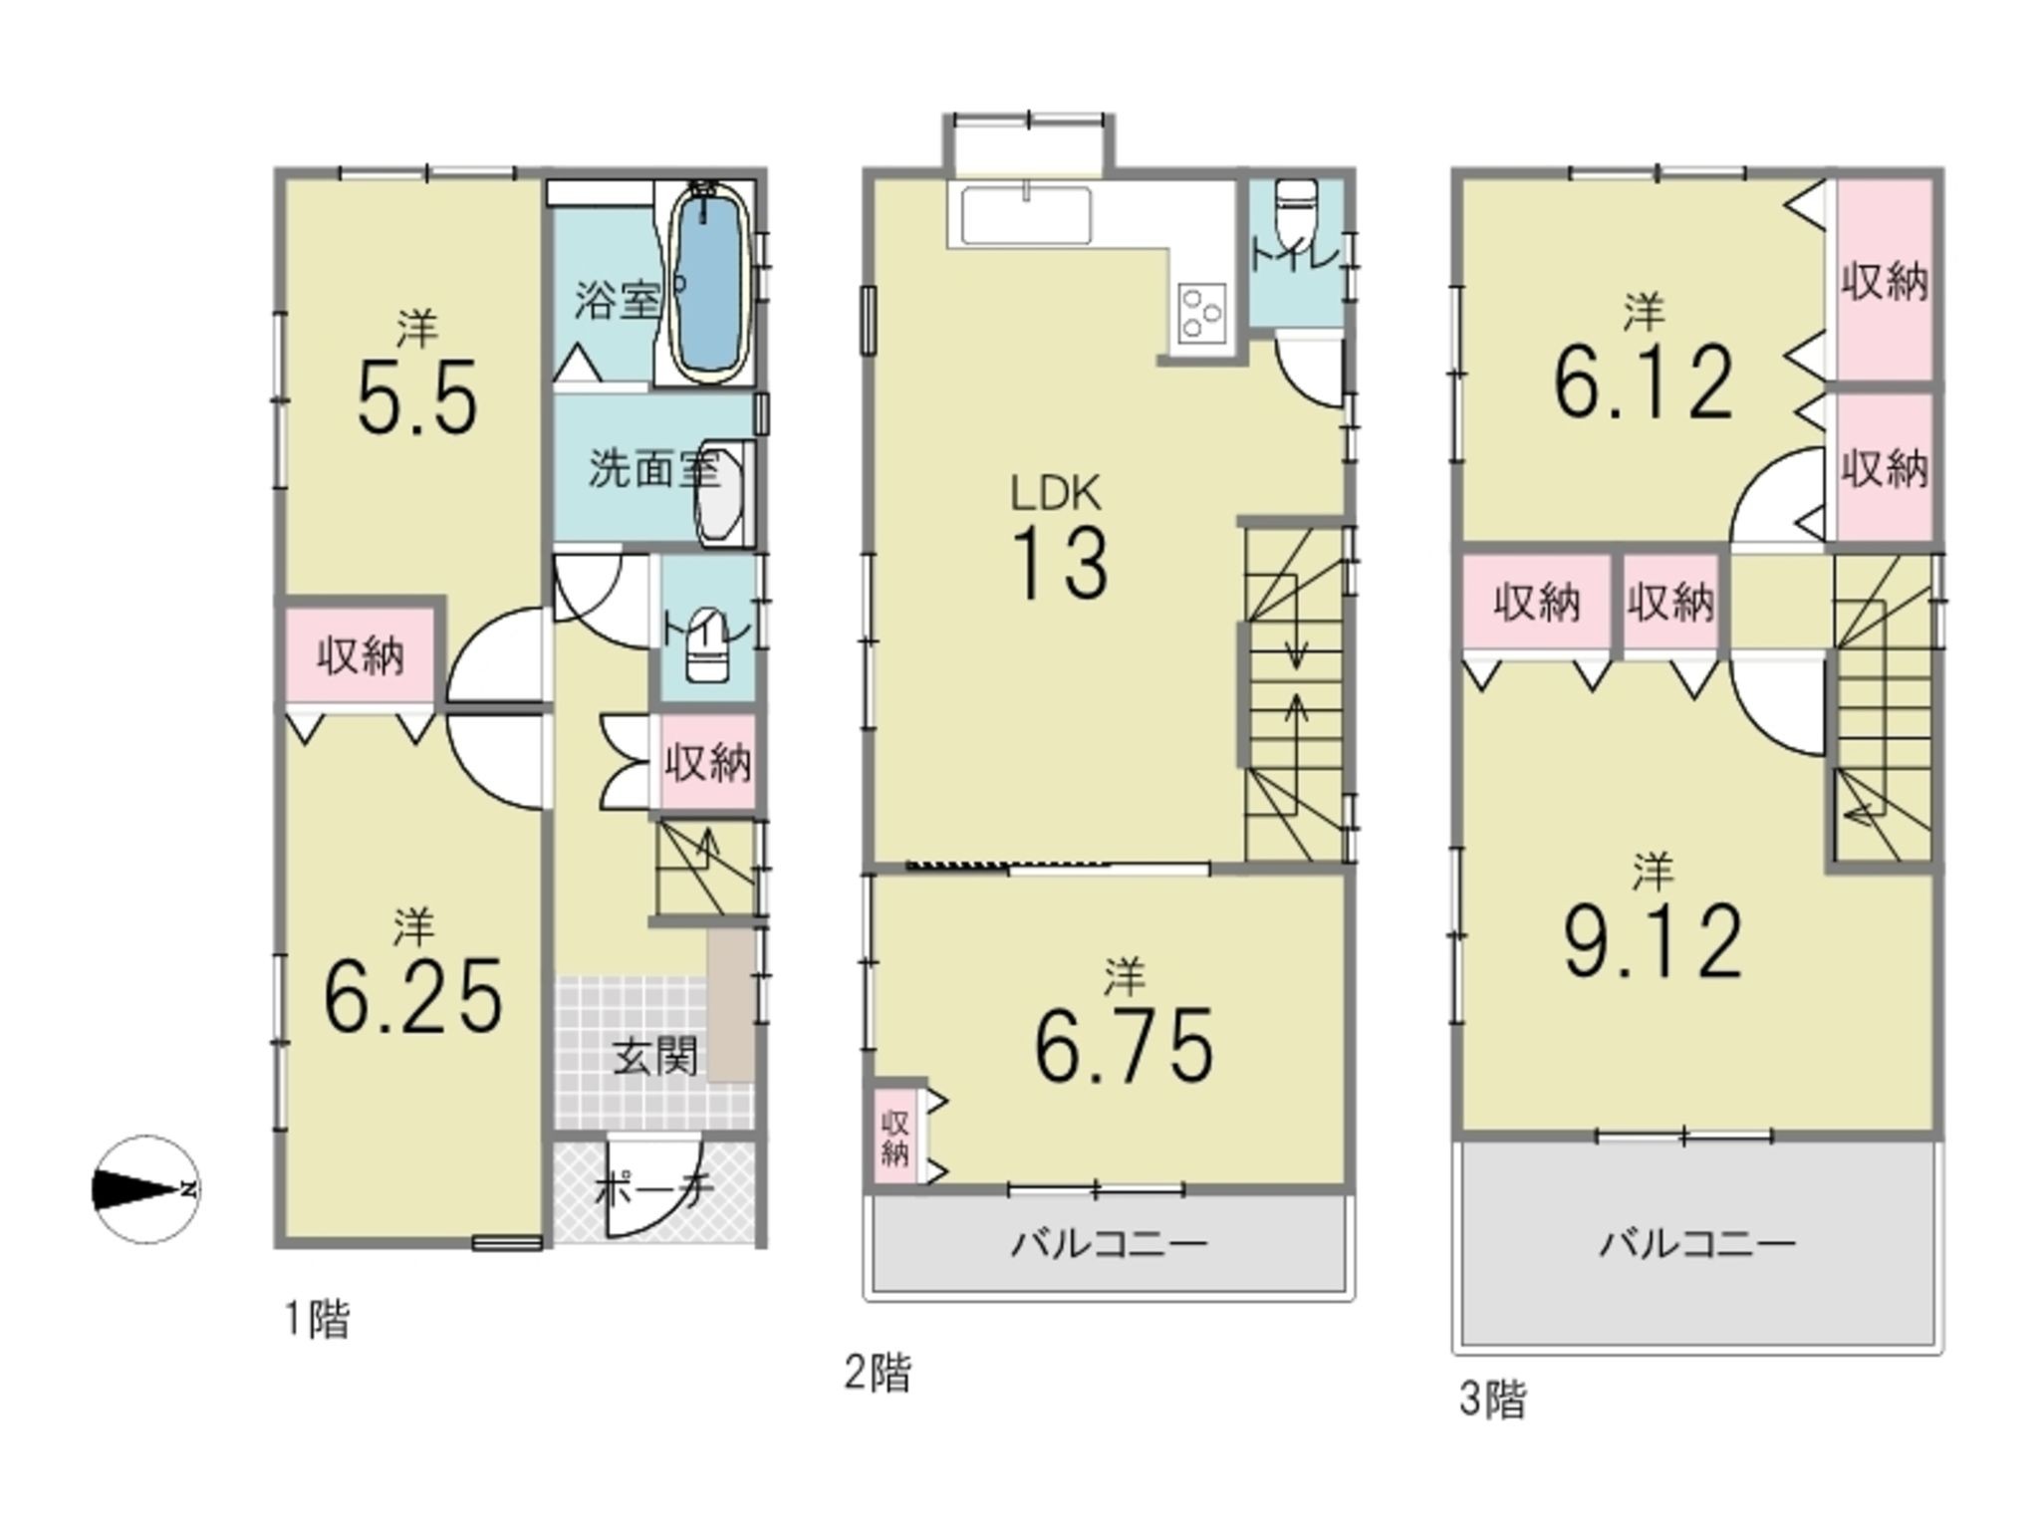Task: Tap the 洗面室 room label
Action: tap(653, 468)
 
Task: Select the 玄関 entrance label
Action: tap(654, 1056)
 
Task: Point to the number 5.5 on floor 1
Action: tap(417, 398)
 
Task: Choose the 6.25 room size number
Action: tap(413, 997)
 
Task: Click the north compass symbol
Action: tap(147, 1189)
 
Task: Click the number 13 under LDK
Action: tap(1060, 564)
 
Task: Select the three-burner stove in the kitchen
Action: tap(1201, 312)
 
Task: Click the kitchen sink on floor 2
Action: tap(1025, 215)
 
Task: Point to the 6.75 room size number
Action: tap(1124, 1046)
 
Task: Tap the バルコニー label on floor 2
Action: tap(1109, 1243)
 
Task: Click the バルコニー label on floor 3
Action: tap(1697, 1243)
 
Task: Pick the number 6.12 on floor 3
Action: tap(1644, 382)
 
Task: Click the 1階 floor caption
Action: tap(318, 1321)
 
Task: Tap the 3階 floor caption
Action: tap(1492, 1400)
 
